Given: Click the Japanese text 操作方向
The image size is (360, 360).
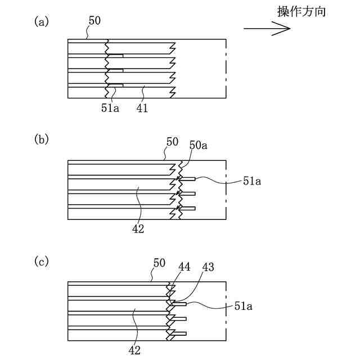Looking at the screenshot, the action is (301, 11).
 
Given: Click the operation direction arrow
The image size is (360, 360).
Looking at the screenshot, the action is (267, 29).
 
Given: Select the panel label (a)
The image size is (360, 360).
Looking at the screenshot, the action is (42, 22).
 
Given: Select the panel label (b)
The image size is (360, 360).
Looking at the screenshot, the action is (42, 139).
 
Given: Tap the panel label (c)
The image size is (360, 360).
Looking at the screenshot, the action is (42, 262).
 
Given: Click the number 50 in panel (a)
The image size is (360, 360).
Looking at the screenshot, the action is (94, 21).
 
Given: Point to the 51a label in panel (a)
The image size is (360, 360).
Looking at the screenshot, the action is (110, 107).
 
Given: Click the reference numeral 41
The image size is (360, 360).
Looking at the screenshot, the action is (142, 107).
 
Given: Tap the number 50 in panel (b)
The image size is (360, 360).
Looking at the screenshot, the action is (172, 142).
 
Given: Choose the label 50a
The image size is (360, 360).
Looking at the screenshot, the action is (199, 145).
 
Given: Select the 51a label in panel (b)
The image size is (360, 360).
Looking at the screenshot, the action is (252, 181).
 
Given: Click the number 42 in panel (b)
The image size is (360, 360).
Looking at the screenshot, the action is (138, 229).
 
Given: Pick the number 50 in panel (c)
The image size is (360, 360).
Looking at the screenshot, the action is (159, 263).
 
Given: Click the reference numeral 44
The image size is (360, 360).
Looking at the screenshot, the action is (184, 267).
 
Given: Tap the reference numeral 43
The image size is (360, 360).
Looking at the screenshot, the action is (208, 267).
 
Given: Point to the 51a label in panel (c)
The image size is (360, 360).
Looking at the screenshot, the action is (244, 306).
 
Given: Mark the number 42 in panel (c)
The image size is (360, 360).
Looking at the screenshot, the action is (134, 350).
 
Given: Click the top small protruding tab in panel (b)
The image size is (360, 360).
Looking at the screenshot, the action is (188, 179).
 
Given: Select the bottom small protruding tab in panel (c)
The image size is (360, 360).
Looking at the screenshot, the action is (179, 334).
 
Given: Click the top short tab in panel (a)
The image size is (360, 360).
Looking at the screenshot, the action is (115, 56).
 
